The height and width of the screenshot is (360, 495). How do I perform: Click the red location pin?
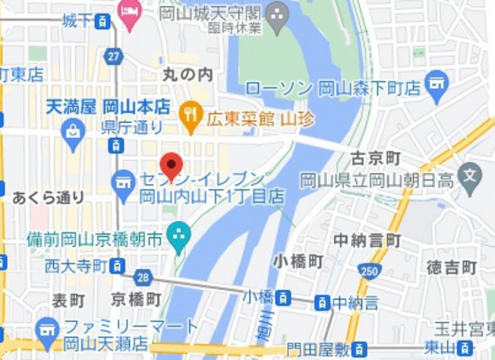coord(171,165)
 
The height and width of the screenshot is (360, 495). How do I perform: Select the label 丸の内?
coord(188,75)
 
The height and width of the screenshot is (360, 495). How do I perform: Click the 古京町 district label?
coord(376,158)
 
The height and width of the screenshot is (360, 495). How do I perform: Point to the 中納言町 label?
coord(367,240)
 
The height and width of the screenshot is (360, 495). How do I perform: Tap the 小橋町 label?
coord(298,260)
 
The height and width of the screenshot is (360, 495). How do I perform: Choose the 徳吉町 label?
coord(452,266)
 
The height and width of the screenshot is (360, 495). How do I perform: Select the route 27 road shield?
coord(112,56)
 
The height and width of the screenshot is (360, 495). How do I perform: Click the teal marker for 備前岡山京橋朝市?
coord(179,237)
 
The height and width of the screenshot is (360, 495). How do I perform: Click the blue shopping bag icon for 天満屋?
coord(73,131)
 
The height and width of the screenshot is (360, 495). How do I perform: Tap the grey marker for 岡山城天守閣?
coord(277,14)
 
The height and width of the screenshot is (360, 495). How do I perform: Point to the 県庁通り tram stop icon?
coord(117,147)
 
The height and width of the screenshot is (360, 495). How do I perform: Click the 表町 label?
coord(69,300)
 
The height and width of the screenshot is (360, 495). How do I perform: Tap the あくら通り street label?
coord(49,197)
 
